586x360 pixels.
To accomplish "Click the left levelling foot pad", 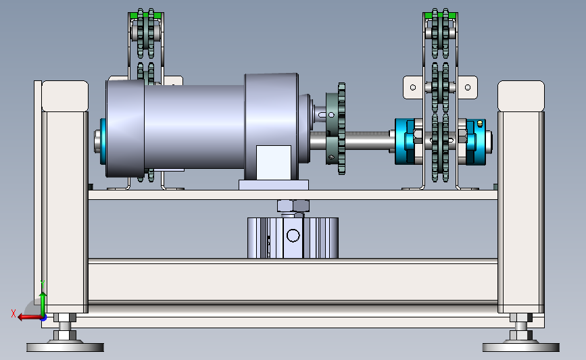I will pos(65,346).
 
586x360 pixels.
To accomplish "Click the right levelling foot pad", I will pos(520,346).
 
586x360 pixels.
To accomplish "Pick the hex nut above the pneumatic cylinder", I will pos(293,205).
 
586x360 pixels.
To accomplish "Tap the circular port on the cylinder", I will pos(293,235).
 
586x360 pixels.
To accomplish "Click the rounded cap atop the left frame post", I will pos(66,96).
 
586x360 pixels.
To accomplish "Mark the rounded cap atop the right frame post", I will pos(521,96).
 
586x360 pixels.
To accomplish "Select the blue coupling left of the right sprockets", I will pos(408,140).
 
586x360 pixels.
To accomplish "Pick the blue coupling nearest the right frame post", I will pos(475,140).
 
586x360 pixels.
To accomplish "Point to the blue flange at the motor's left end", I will pos(103,141).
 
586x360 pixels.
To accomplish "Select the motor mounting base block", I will pos(274,184).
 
